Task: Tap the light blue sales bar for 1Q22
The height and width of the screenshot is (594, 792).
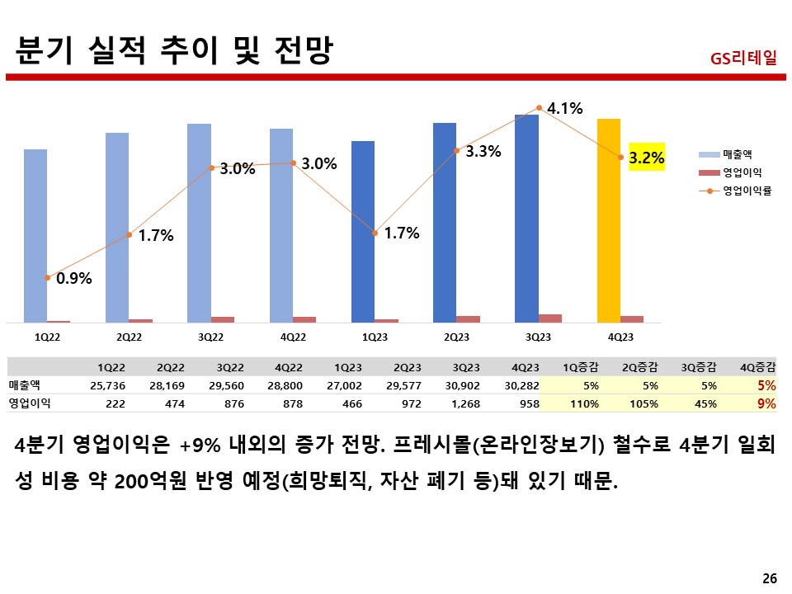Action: click(35, 235)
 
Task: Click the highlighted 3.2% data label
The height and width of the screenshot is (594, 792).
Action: click(646, 158)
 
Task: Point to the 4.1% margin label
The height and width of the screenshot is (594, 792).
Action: click(565, 108)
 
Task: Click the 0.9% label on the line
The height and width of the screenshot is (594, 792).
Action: click(73, 278)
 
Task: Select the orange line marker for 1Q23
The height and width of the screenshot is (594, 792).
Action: click(375, 233)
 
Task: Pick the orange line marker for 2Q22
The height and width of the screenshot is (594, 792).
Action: click(129, 235)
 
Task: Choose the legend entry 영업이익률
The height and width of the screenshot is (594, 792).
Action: click(746, 191)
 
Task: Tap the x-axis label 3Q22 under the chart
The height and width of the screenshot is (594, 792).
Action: click(210, 337)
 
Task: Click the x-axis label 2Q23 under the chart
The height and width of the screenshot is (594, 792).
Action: click(455, 337)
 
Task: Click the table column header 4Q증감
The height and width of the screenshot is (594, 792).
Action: click(759, 367)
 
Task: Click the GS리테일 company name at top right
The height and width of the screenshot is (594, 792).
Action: click(742, 59)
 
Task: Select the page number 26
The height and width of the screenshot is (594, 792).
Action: click(769, 577)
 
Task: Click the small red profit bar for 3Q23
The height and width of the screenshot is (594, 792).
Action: click(550, 318)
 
